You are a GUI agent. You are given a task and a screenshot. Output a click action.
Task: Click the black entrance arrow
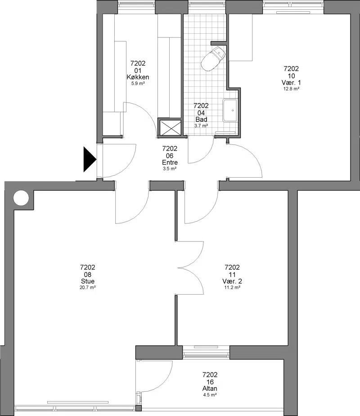(90, 160)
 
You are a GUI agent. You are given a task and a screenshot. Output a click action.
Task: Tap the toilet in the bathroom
(213, 59)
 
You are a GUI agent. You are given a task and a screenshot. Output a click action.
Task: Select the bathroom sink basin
(230, 110)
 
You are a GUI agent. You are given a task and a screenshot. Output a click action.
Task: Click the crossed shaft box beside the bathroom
(170, 128)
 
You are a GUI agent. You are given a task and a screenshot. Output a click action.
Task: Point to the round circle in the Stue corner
(21, 198)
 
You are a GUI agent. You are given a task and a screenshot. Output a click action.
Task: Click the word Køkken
(138, 77)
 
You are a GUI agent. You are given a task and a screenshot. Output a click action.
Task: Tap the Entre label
(170, 162)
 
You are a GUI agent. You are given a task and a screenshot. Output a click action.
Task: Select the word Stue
(88, 281)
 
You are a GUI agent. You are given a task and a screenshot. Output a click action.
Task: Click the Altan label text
(210, 389)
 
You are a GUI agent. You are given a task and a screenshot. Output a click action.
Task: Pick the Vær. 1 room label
(291, 82)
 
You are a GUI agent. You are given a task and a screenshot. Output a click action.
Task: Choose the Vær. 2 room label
(232, 281)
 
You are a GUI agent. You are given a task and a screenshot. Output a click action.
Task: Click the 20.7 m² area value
(88, 287)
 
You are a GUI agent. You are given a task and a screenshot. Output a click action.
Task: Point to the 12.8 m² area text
(291, 89)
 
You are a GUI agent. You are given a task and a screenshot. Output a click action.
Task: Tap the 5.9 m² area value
(138, 84)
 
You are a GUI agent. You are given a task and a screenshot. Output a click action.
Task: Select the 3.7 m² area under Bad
(201, 126)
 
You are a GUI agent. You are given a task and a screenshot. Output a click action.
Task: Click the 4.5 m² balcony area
(210, 395)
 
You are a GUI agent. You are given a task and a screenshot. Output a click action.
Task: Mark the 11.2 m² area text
(232, 287)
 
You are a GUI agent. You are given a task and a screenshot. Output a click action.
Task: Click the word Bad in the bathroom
(201, 119)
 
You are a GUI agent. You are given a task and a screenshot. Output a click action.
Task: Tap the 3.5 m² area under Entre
(170, 169)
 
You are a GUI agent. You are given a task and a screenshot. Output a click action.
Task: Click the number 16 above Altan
(210, 382)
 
